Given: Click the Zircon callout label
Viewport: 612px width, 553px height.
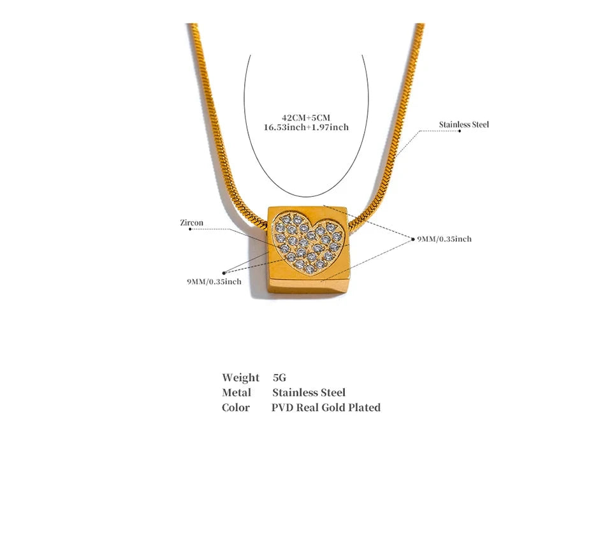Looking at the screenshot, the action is tap(192, 223).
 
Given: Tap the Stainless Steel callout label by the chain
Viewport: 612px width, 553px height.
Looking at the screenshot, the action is tap(463, 124).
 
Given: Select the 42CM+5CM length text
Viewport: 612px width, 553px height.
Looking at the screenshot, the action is tap(307, 117).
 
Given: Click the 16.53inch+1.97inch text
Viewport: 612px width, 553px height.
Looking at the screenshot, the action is tap(307, 127).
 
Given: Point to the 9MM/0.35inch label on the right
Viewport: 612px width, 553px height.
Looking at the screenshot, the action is tap(444, 239).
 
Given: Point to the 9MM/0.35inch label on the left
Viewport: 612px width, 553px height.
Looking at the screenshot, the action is tap(214, 282).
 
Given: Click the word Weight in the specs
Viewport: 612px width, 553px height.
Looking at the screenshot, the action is tap(240, 378).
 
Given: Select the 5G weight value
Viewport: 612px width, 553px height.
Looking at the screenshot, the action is tap(279, 378).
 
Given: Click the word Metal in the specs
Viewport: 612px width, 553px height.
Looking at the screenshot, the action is tap(237, 392).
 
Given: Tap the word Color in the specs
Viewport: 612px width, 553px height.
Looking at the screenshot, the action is tap(236, 407).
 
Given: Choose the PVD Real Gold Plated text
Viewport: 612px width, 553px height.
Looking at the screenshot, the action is tap(326, 407).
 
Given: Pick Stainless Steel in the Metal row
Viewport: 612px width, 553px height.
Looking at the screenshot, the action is tap(309, 392).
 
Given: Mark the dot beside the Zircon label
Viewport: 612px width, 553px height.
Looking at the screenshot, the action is tap(190, 229).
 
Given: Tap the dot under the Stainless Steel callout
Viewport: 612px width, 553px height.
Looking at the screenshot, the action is tap(460, 131).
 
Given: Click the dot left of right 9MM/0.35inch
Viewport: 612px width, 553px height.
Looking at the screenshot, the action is tap(413, 239).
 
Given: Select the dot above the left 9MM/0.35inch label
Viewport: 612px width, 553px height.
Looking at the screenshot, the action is tap(224, 273).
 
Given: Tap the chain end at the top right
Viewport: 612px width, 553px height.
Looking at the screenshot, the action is tap(419, 25).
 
